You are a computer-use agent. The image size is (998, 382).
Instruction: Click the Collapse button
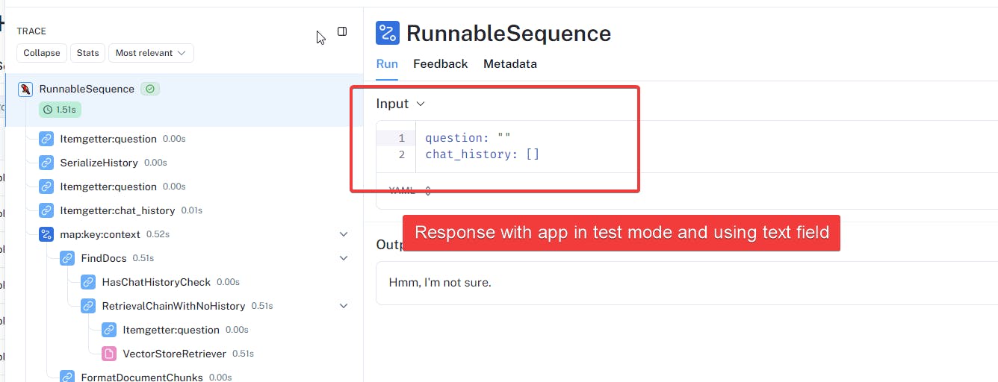tap(42, 53)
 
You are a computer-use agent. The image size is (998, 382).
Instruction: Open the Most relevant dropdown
tap(151, 53)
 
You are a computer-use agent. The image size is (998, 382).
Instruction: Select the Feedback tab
tap(440, 64)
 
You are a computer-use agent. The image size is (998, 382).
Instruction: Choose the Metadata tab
tap(509, 64)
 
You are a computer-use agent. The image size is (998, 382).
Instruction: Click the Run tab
tap(387, 64)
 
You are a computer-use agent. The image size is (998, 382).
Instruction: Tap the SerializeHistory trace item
tap(99, 163)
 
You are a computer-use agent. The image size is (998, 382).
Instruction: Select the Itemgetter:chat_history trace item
tap(117, 210)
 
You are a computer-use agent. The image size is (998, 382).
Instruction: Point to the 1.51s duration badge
tap(60, 110)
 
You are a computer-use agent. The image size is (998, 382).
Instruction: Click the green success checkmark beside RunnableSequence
tap(150, 89)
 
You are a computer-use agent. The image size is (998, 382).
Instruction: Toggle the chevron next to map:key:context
tap(344, 234)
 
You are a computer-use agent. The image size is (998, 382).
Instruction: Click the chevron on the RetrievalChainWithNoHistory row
tap(344, 306)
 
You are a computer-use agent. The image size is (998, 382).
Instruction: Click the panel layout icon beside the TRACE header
tap(342, 31)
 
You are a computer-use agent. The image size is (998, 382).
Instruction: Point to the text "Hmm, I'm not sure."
tap(440, 283)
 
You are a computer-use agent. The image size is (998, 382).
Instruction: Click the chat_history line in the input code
tap(482, 154)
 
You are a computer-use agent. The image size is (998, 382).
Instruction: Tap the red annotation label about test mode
tap(622, 233)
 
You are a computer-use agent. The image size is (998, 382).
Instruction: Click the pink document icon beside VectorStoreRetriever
tap(108, 354)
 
